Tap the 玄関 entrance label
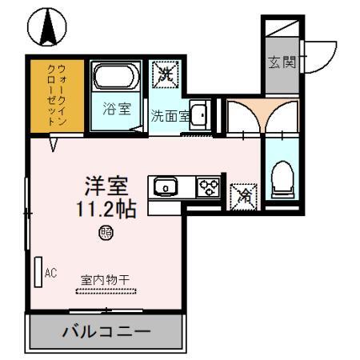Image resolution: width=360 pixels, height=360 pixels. click(278, 61)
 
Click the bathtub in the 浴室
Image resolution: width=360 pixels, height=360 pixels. click(116, 78)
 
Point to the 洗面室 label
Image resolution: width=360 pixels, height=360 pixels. click(169, 115)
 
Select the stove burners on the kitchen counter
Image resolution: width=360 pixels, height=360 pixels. click(210, 187)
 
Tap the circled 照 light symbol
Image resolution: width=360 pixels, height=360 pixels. click(106, 234)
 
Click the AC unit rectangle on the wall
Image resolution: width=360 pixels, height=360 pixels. click(38, 272)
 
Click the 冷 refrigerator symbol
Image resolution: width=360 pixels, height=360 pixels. click(242, 194)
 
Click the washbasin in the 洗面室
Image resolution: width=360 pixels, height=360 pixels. click(199, 116)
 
